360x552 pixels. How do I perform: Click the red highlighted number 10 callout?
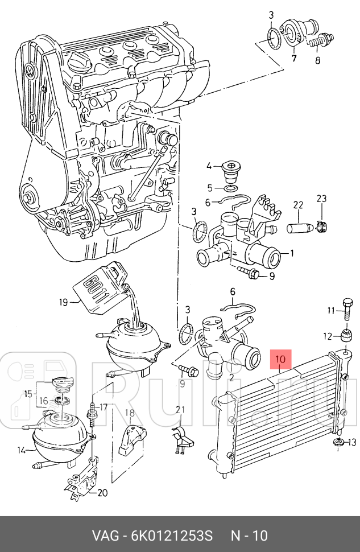(280, 359)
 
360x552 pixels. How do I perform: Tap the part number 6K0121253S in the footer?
(172, 536)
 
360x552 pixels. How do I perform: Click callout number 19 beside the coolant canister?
(63, 302)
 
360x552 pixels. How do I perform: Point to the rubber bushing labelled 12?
(346, 336)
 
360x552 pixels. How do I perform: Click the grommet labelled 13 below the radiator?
(339, 443)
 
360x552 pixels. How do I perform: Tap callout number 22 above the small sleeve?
(298, 205)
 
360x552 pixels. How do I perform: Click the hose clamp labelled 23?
(321, 226)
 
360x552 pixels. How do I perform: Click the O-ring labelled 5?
(230, 188)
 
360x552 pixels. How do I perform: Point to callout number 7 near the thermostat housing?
(294, 58)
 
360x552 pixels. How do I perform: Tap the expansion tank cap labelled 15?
(61, 385)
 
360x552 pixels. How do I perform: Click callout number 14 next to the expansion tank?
(22, 450)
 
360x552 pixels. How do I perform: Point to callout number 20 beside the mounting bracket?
(102, 493)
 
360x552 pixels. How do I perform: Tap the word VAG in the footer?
(105, 536)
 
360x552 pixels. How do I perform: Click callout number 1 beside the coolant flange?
(292, 253)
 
